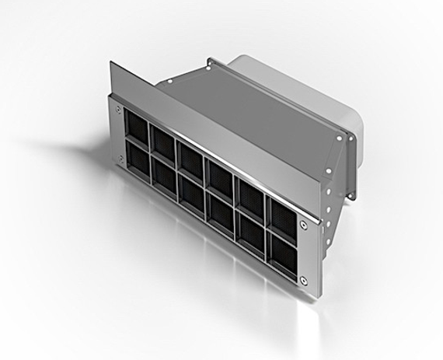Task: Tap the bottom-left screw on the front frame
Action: (x=120, y=160)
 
